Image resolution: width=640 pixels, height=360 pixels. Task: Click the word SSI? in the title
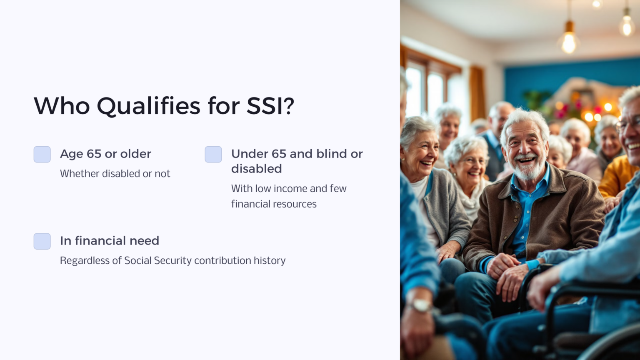[x=270, y=106]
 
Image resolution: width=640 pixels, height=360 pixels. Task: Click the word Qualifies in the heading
[x=149, y=106]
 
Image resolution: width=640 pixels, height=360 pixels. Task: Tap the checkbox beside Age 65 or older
[x=42, y=154]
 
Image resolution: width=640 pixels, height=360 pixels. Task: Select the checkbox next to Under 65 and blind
[x=213, y=154]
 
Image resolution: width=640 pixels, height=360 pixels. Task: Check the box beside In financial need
[x=42, y=241]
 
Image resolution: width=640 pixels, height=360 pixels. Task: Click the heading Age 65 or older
[x=105, y=154]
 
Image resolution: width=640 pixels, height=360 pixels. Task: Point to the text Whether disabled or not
[x=115, y=173]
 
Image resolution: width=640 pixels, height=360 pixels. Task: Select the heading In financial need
[x=109, y=241]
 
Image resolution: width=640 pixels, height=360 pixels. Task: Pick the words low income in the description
[x=281, y=188]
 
